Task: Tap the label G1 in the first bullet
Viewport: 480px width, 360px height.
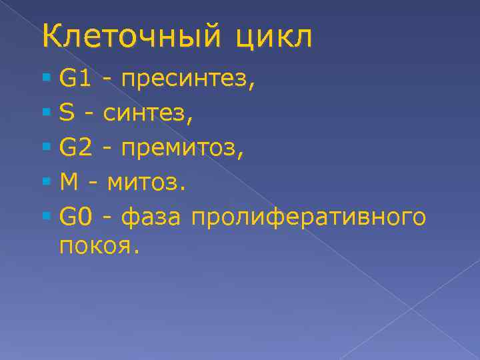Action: click(x=75, y=81)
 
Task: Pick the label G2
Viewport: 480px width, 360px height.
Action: click(x=75, y=149)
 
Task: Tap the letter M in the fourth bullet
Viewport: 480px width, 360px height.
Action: click(x=68, y=182)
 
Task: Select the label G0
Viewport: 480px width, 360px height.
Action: click(x=75, y=215)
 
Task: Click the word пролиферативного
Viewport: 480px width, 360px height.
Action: click(x=308, y=217)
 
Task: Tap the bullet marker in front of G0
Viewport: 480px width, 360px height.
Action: click(x=45, y=215)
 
